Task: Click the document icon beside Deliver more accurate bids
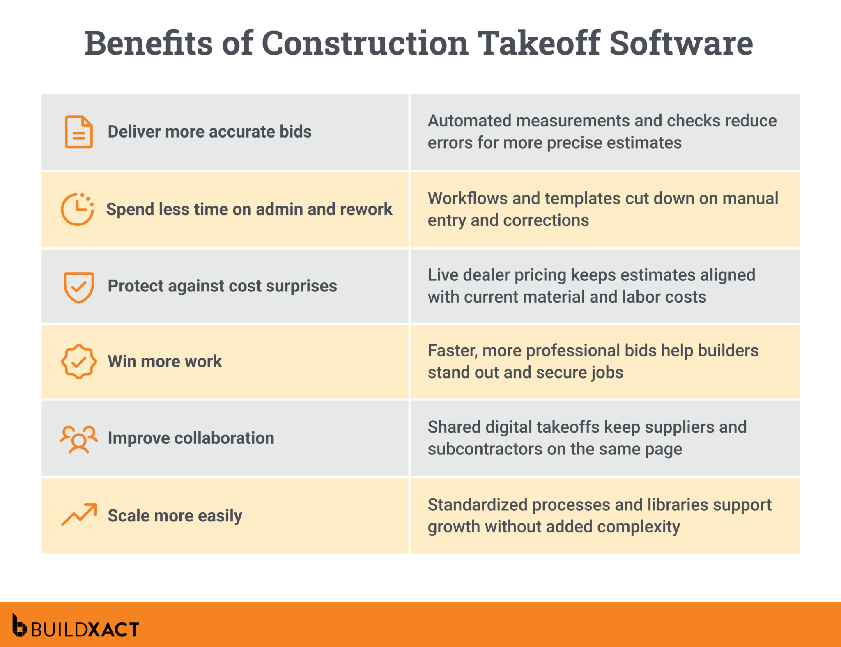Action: (78, 132)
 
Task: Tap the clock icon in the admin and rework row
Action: (77, 209)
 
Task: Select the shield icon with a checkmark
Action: (78, 287)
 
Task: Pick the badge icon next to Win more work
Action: (78, 362)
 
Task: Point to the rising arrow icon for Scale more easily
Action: (79, 514)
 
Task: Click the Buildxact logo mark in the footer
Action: (19, 625)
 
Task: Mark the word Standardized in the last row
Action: (477, 505)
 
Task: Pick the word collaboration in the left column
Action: (224, 438)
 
